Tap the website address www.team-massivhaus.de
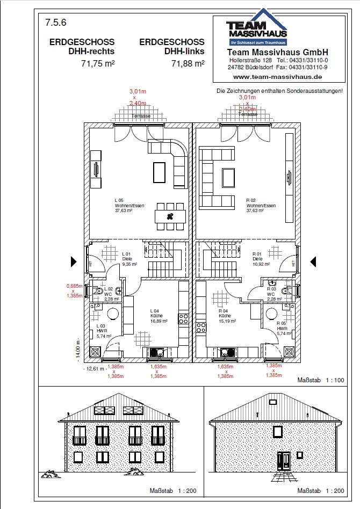(278, 77)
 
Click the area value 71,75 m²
(94, 63)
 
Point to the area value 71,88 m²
(188, 63)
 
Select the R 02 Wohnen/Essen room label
(261, 206)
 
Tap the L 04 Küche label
(159, 316)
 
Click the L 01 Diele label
(127, 258)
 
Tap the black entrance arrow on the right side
(312, 261)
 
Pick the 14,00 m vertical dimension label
(77, 349)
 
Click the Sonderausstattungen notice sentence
(279, 91)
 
